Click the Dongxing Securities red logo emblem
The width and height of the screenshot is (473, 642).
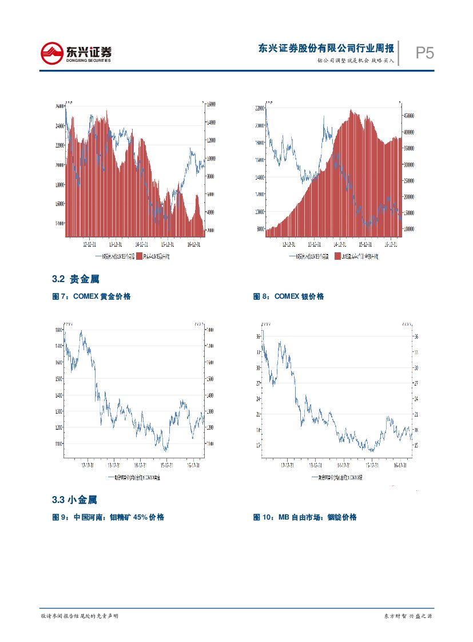coord(51,53)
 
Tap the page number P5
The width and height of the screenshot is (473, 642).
coord(424,53)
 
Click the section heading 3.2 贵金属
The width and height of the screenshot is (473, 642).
coord(75,279)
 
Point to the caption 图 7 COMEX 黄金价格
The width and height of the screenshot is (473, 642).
coord(92,296)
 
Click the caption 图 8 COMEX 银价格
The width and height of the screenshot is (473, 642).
coord(288,296)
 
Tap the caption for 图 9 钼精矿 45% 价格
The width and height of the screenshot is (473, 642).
coord(108,517)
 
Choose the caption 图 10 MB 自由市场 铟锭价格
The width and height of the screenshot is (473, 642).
coord(305,517)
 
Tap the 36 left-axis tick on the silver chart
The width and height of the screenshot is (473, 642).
coord(259,337)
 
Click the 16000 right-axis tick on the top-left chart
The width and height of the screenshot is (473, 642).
coord(210,104)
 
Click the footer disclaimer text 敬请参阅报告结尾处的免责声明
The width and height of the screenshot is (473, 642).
coord(80,616)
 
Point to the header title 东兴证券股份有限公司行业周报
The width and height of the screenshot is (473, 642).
coord(326,48)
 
